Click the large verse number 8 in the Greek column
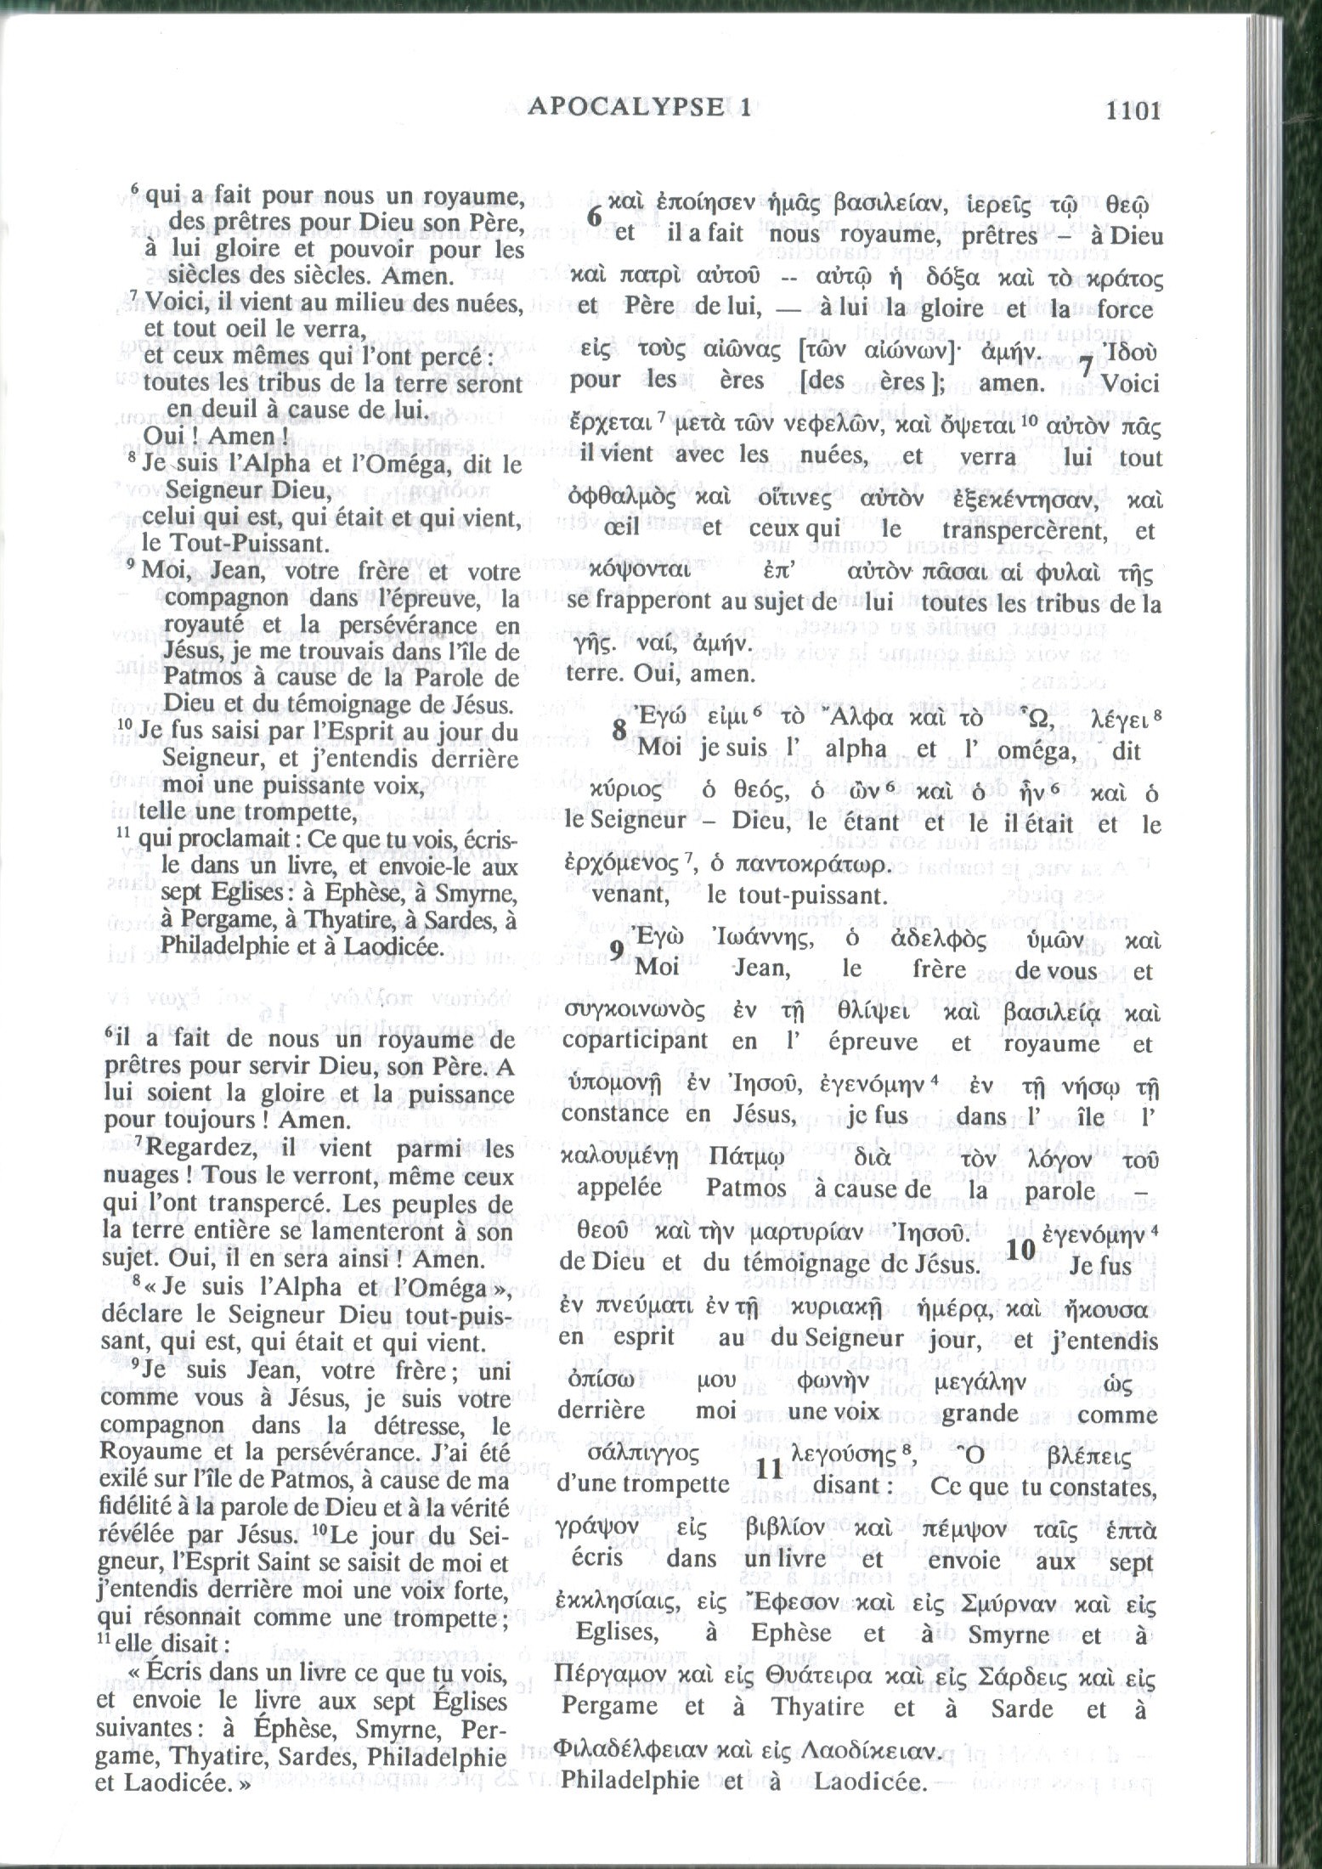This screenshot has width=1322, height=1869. [619, 730]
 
